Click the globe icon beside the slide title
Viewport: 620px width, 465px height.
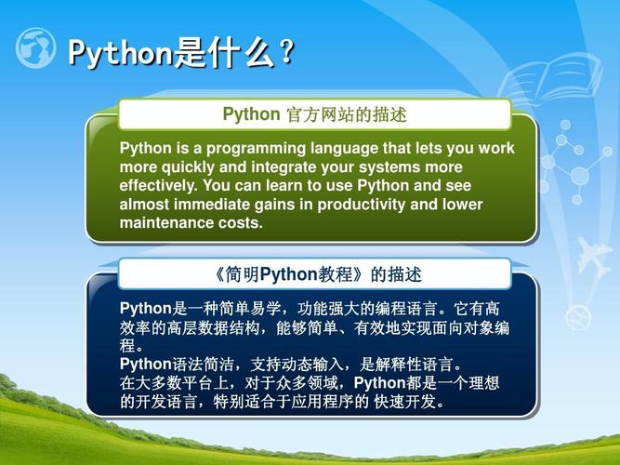tap(36, 48)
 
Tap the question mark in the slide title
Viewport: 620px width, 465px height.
tap(286, 53)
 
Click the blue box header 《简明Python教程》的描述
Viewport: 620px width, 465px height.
tap(315, 274)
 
